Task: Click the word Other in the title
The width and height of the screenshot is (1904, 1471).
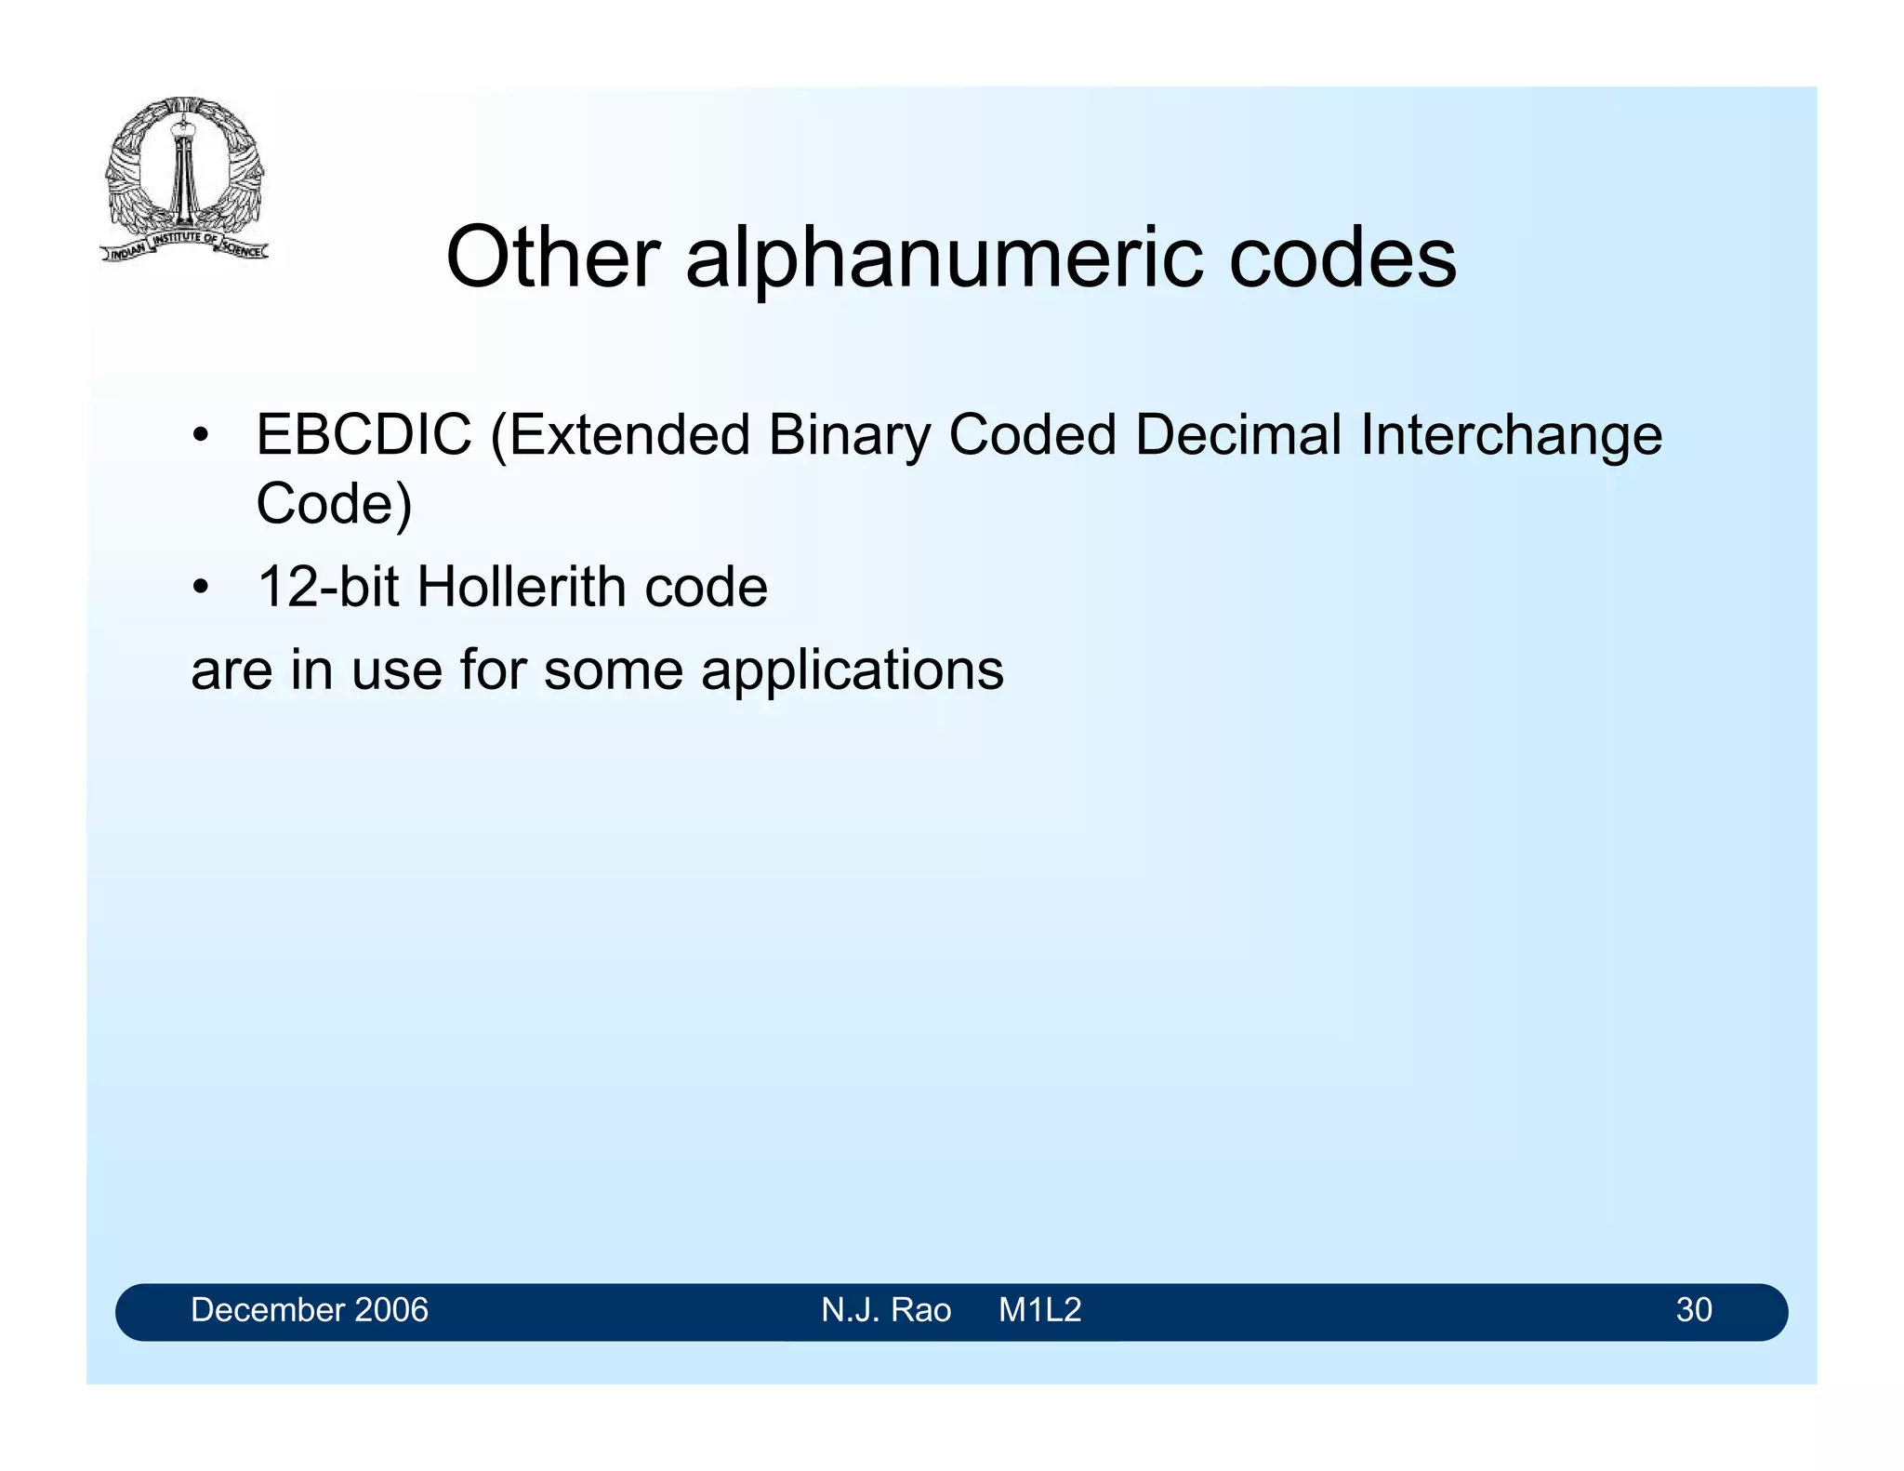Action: point(552,258)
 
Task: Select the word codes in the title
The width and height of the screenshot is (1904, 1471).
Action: point(1342,258)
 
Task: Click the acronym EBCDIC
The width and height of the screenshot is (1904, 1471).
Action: point(364,434)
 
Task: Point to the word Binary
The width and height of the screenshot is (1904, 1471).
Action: point(848,436)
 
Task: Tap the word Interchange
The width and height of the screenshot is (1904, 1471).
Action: point(1511,436)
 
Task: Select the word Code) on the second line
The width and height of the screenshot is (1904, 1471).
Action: point(334,504)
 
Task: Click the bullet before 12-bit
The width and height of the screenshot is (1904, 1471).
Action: point(200,589)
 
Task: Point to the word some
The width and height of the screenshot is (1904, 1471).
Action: point(613,669)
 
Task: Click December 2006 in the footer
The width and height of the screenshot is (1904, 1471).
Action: point(309,1310)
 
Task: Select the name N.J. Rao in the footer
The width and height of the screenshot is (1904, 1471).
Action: point(885,1310)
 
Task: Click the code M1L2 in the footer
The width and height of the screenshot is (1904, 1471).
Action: point(1039,1310)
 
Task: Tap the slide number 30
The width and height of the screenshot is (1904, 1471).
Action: point(1693,1310)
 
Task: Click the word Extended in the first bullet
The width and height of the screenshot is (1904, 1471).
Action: point(628,434)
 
